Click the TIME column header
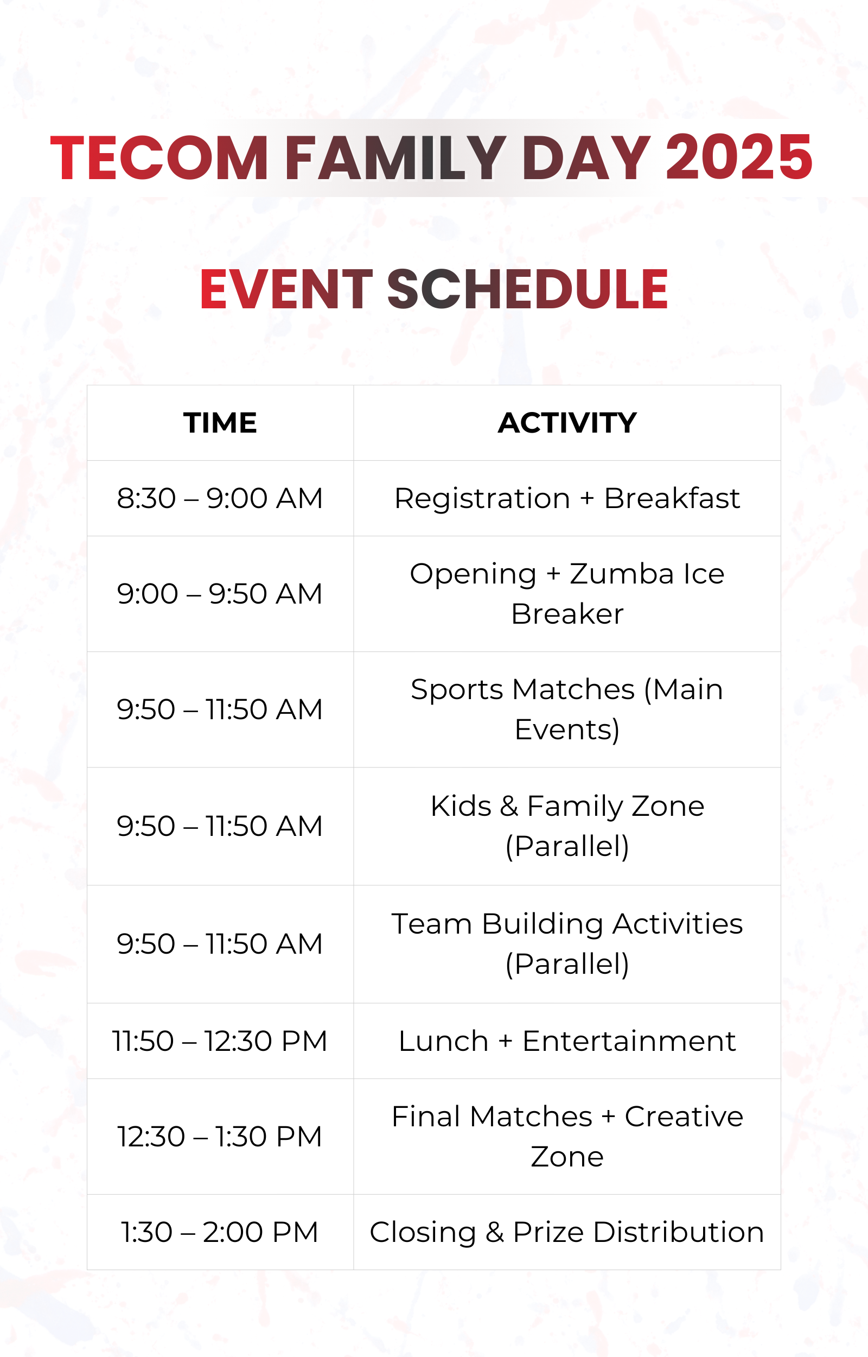(x=220, y=423)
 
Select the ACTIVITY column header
(x=567, y=423)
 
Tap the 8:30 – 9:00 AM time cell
(x=220, y=498)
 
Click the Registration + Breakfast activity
(x=567, y=498)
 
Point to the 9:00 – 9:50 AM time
(x=220, y=594)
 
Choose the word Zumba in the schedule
(x=622, y=574)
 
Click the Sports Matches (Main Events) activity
(x=567, y=709)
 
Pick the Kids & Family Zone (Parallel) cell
(x=567, y=826)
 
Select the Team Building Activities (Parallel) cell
(x=567, y=944)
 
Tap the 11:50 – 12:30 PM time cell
(x=220, y=1041)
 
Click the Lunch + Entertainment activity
(x=567, y=1041)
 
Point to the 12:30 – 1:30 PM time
(x=220, y=1137)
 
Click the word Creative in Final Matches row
(x=684, y=1117)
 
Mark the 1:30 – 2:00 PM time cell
(x=220, y=1232)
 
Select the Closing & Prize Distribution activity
(x=567, y=1232)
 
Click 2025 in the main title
(x=739, y=157)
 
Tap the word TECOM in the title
(x=159, y=157)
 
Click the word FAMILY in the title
(x=395, y=157)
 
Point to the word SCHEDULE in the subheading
(x=527, y=289)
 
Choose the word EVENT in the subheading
(x=286, y=289)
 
